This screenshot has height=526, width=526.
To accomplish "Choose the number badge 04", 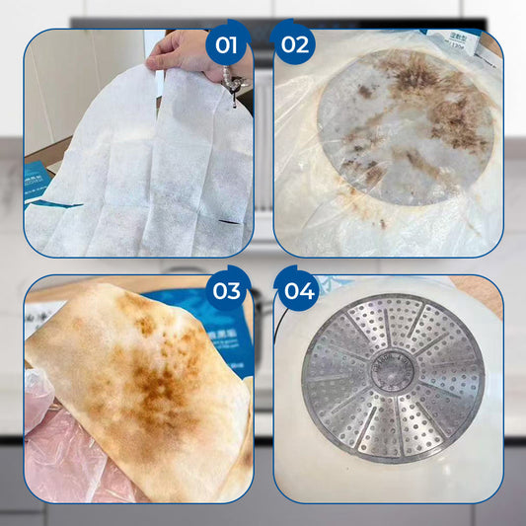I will [298, 291].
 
